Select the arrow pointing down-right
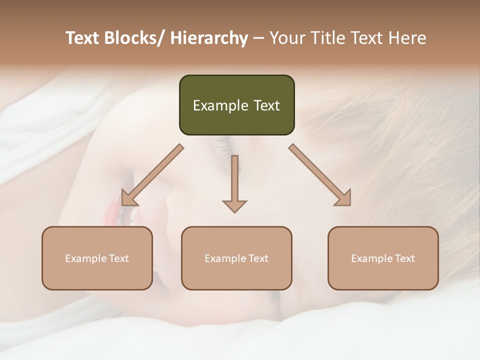320,175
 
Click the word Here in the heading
408,38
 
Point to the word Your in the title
287,38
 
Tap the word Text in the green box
266,105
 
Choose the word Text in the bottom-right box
404,258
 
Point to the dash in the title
258,38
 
